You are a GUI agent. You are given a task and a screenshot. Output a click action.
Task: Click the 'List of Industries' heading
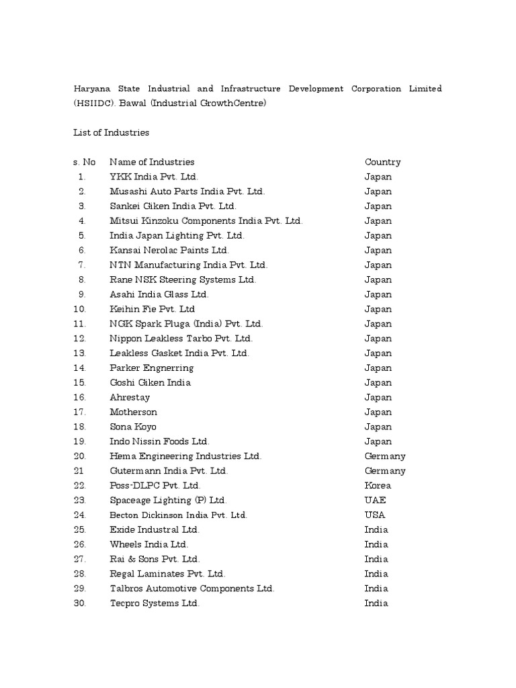click(111, 132)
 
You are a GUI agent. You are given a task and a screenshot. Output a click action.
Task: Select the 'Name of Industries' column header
click(152, 162)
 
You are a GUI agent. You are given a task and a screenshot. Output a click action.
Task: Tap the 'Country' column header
click(382, 162)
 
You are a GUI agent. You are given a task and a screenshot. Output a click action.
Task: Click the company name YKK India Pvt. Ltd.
click(154, 177)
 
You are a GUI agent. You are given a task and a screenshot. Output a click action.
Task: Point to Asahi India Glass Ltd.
click(159, 294)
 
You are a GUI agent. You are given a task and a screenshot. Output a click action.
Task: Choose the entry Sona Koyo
click(133, 427)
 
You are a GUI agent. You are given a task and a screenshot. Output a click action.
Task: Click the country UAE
click(376, 500)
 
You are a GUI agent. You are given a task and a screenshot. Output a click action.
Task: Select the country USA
click(376, 515)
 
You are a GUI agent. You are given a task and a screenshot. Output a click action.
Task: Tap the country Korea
click(378, 485)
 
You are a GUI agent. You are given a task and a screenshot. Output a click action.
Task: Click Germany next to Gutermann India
click(385, 471)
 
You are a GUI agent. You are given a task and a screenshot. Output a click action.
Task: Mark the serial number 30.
click(80, 603)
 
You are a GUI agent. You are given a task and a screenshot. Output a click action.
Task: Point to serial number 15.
click(80, 382)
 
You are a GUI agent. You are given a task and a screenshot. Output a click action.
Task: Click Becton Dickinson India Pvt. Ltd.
click(179, 515)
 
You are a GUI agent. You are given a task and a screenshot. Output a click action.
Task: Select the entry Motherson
click(133, 412)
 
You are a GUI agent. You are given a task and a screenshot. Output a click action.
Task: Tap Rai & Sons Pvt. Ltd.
click(155, 559)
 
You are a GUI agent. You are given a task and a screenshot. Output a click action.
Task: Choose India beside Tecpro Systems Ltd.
click(376, 603)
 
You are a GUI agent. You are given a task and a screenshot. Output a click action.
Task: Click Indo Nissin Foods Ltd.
click(160, 441)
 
